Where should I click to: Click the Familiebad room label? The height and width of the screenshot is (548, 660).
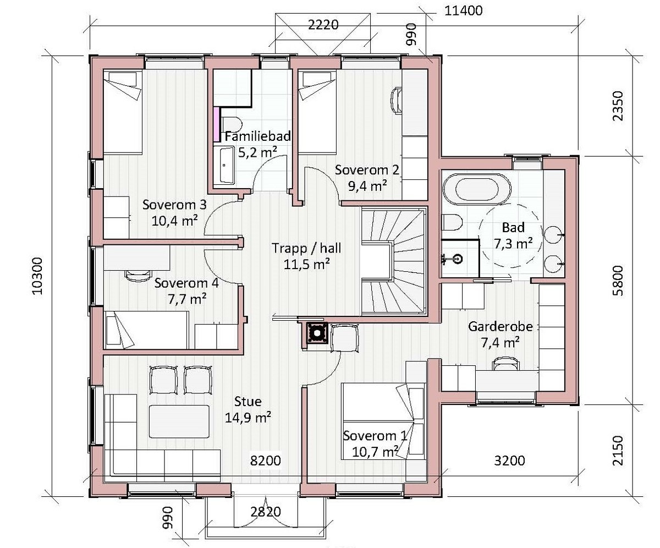(x=257, y=136)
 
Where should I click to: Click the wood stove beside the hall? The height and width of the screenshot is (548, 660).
(x=316, y=333)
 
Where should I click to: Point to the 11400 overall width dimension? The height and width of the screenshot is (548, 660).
(x=464, y=11)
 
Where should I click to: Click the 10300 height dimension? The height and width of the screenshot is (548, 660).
(x=37, y=276)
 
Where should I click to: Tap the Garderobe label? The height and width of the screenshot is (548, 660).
(x=501, y=327)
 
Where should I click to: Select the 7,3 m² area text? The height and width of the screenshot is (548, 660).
(x=513, y=244)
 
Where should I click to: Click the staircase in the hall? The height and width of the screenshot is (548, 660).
(x=393, y=261)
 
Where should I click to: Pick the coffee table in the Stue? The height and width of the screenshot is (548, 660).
(x=179, y=421)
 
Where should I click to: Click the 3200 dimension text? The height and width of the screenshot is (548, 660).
(x=509, y=461)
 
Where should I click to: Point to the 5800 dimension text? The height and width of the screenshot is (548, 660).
(x=618, y=281)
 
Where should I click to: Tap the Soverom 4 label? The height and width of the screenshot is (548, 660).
(x=186, y=283)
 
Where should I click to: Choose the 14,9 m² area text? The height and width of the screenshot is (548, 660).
(x=248, y=418)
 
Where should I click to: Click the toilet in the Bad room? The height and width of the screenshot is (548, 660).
(x=452, y=222)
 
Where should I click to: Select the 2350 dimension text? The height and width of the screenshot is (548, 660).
(x=618, y=106)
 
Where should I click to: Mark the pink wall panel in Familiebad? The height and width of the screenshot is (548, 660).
(x=217, y=124)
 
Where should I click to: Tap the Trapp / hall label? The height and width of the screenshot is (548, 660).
(x=306, y=248)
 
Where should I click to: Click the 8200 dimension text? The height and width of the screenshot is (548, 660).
(x=266, y=461)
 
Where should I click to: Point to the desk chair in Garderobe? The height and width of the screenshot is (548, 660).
(x=506, y=364)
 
